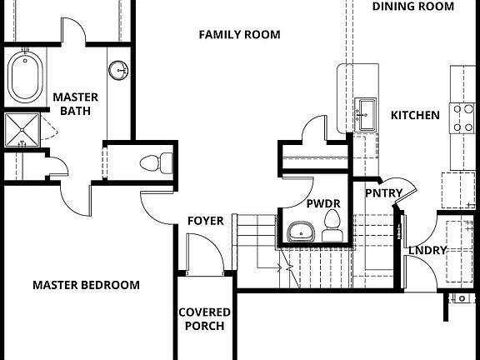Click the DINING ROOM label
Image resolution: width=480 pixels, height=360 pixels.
[413, 7]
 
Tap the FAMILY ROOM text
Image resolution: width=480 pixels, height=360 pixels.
[239, 34]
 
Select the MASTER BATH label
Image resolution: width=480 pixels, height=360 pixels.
[76, 104]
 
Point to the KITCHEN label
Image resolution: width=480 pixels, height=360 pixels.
[415, 115]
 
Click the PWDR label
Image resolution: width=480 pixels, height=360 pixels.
[320, 202]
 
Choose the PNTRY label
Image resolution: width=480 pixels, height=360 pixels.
[384, 193]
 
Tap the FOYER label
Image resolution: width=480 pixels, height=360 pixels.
[205, 221]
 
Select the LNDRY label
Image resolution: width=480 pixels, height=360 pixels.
[427, 250]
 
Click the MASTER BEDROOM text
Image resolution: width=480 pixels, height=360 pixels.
[86, 285]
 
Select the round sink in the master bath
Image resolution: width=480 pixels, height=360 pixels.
[119, 69]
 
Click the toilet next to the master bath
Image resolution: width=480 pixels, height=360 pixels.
[156, 162]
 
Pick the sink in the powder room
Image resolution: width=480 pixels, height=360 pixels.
[299, 231]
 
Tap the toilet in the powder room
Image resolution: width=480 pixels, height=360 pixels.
[332, 227]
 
